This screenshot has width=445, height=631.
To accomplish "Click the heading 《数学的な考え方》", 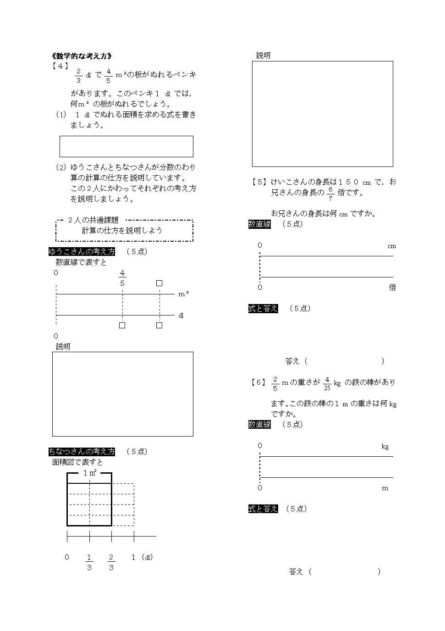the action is click(x=82, y=56).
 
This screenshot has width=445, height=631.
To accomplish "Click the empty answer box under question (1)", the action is click(x=126, y=146).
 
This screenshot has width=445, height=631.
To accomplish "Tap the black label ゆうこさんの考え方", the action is click(x=82, y=251).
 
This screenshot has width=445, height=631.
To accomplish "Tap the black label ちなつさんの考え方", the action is click(x=82, y=451).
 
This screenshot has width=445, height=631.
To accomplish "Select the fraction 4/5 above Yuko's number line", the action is click(x=122, y=278).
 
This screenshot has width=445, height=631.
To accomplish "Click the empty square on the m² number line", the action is click(x=159, y=283).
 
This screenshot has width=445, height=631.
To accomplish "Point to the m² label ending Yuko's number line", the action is click(x=183, y=294).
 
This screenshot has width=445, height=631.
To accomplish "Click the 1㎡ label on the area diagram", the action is click(x=90, y=473).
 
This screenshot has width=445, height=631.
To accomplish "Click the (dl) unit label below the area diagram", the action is click(x=147, y=557).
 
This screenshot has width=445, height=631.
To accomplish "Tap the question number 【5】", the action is click(x=258, y=182).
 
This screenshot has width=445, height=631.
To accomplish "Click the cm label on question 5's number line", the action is click(x=392, y=246).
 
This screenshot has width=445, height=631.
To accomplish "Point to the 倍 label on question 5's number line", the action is click(x=392, y=288).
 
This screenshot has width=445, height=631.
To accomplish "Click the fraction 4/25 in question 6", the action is click(x=327, y=384).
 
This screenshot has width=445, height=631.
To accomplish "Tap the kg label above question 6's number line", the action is click(x=385, y=447).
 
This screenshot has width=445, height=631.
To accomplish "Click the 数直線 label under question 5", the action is click(x=259, y=224).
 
